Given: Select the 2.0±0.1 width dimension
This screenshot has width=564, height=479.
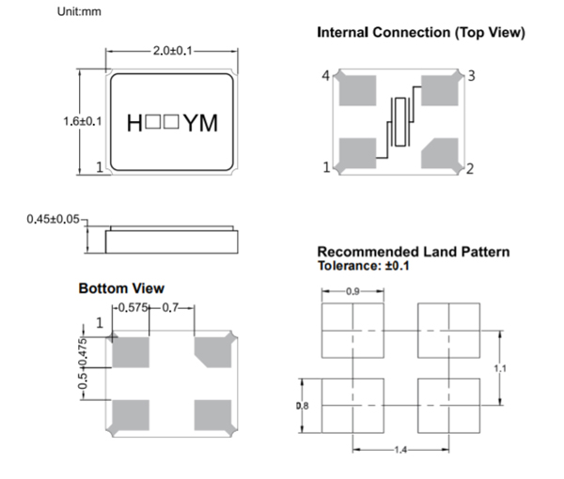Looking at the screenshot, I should pyautogui.click(x=171, y=51).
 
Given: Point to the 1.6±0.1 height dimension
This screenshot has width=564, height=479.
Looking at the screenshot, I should pyautogui.click(x=83, y=121).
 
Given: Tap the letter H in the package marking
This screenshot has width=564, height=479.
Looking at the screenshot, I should pyautogui.click(x=133, y=122).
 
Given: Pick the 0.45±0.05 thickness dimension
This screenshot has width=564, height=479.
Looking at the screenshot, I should pyautogui.click(x=54, y=219).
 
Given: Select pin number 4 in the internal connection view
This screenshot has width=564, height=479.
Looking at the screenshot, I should pyautogui.click(x=327, y=75).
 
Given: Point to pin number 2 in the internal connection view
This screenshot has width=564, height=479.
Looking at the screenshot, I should pyautogui.click(x=470, y=168).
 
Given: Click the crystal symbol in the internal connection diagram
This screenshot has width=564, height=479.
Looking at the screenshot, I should pyautogui.click(x=399, y=123).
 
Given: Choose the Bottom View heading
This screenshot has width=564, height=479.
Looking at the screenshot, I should pyautogui.click(x=121, y=287).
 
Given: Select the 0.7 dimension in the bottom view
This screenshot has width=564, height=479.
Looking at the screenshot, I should pyautogui.click(x=171, y=308).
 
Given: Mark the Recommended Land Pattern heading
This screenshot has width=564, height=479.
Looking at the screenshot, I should pyautogui.click(x=414, y=252).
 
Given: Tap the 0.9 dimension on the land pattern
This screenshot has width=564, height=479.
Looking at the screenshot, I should pyautogui.click(x=352, y=292).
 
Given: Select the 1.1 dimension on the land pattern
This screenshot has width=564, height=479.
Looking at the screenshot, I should pyautogui.click(x=500, y=369).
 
